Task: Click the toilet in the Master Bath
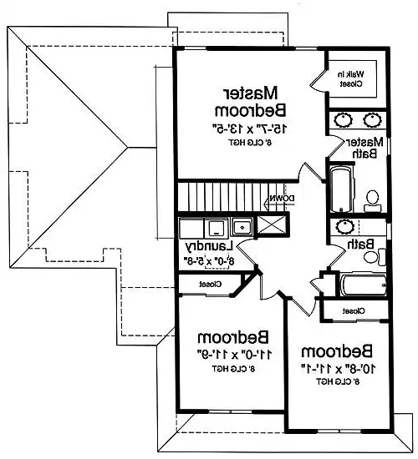click(x=373, y=198)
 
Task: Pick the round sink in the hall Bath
click(x=345, y=226)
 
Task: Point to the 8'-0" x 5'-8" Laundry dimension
click(x=208, y=261)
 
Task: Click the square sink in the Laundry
click(x=242, y=225)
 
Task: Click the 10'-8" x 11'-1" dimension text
click(x=334, y=367)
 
